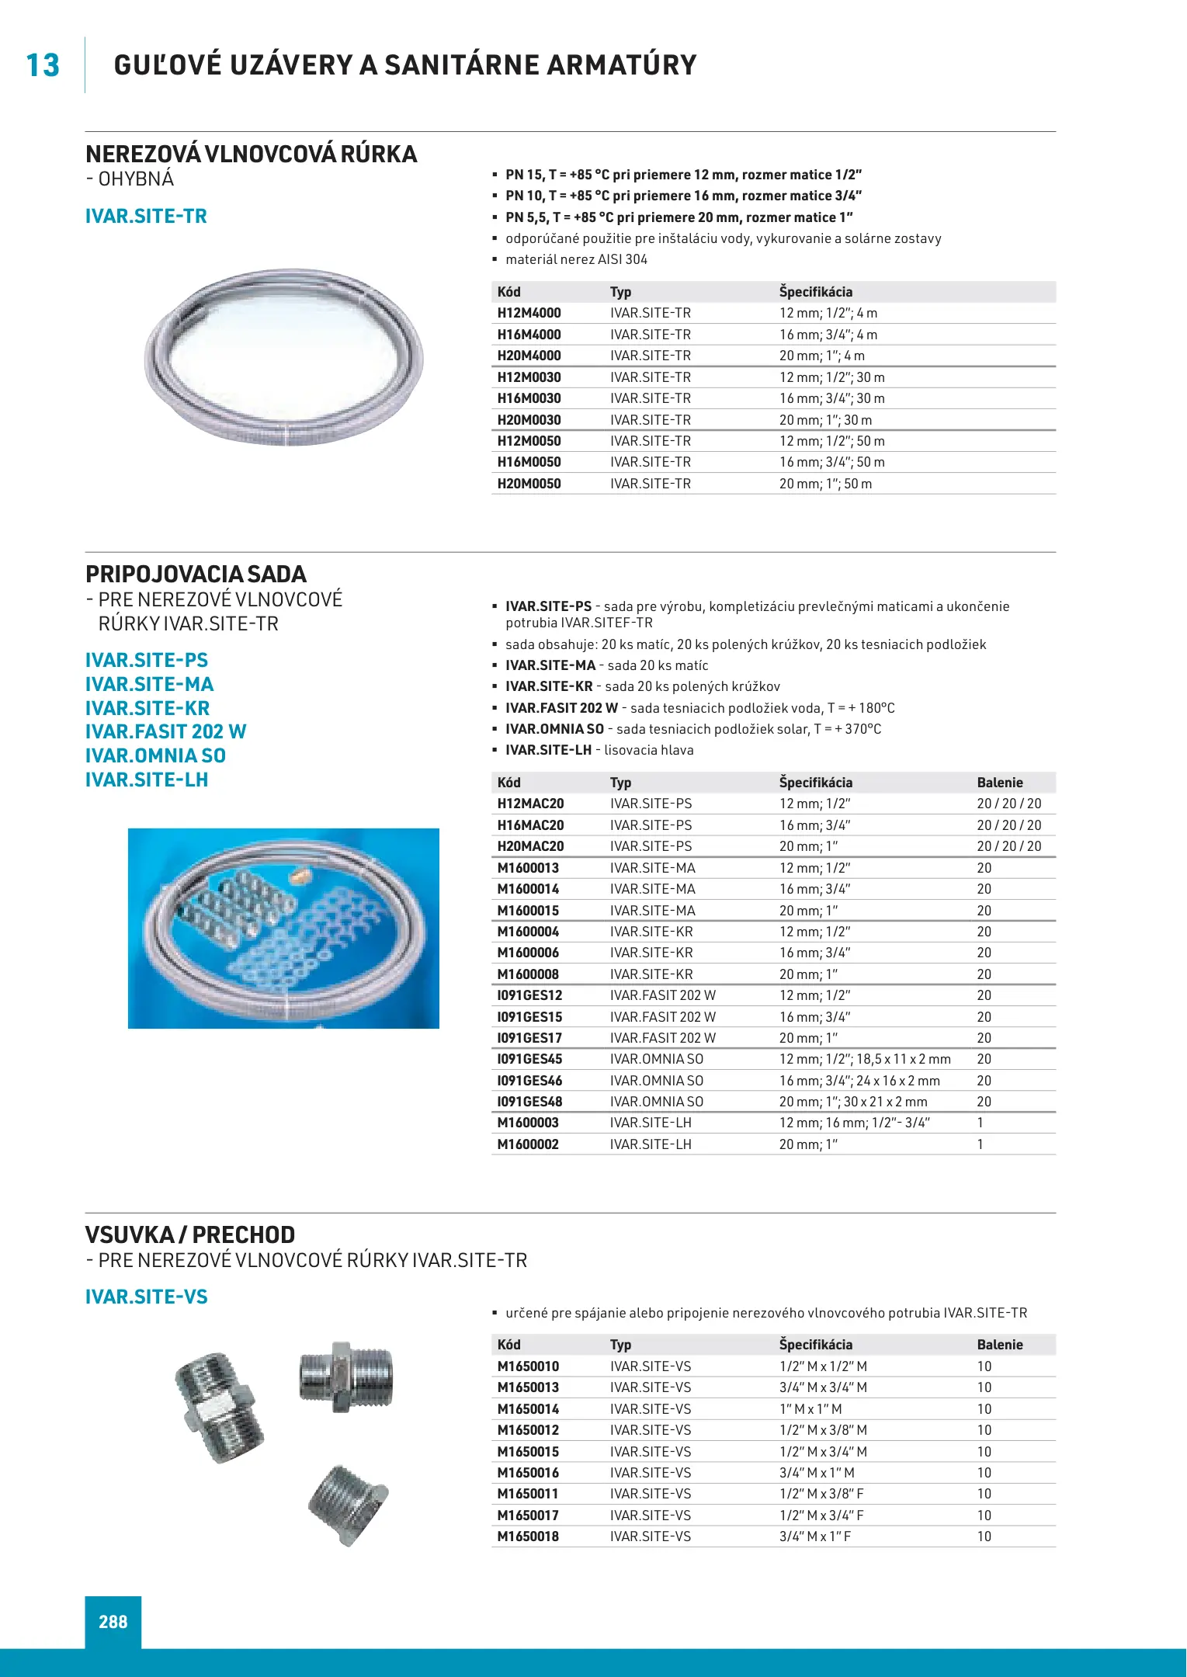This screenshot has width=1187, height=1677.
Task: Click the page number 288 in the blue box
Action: click(x=113, y=1622)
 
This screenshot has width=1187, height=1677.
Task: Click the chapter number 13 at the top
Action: click(x=43, y=66)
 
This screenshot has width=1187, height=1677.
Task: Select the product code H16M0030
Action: click(x=529, y=398)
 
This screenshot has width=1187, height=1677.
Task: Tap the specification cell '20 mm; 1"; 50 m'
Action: click(x=825, y=484)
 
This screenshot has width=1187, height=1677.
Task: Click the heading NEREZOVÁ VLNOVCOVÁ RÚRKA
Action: click(x=251, y=155)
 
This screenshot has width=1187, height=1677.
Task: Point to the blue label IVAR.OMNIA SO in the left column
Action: click(x=155, y=755)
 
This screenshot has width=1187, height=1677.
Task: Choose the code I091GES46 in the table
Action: click(x=529, y=1081)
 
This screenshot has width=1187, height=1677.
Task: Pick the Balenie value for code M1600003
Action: click(x=980, y=1123)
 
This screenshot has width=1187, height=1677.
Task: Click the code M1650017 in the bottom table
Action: click(x=528, y=1516)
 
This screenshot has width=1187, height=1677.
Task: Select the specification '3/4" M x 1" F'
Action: click(x=815, y=1536)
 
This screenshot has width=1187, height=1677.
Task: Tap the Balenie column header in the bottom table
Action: click(x=1000, y=1345)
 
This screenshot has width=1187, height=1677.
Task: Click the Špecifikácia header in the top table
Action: click(x=816, y=292)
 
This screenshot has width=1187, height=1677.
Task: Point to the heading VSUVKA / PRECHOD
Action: click(x=190, y=1235)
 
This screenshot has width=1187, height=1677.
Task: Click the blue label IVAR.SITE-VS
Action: click(x=147, y=1297)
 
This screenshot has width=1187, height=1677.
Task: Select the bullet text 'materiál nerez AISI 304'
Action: click(x=576, y=259)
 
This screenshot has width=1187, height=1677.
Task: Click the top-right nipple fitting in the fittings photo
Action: click(x=346, y=1377)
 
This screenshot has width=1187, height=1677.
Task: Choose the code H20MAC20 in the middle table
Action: click(x=530, y=846)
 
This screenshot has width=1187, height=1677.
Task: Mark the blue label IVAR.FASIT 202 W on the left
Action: click(x=165, y=731)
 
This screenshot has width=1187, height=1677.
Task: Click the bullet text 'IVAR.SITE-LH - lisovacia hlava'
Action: click(x=599, y=750)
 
